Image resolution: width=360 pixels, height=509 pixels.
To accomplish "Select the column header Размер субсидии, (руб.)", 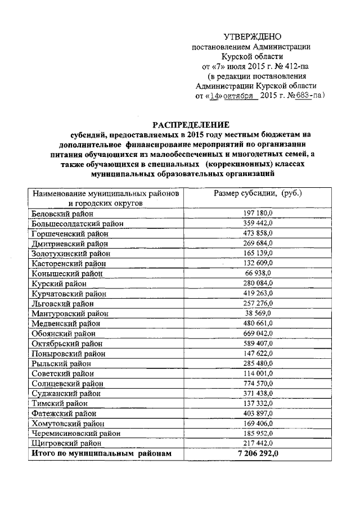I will [x=258, y=193].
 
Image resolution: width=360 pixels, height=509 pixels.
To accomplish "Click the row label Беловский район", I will [x=62, y=214].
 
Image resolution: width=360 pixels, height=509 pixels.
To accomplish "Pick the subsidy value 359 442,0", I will [x=258, y=223].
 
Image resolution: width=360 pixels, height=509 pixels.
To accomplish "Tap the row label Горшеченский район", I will [x=70, y=233].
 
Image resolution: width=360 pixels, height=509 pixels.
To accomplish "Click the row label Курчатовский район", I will [x=69, y=293].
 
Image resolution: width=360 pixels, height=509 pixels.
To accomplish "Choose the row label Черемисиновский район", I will [x=73, y=433].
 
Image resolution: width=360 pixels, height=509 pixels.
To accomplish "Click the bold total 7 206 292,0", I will [x=258, y=453].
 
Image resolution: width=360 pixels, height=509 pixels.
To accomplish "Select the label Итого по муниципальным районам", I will [x=100, y=453].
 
